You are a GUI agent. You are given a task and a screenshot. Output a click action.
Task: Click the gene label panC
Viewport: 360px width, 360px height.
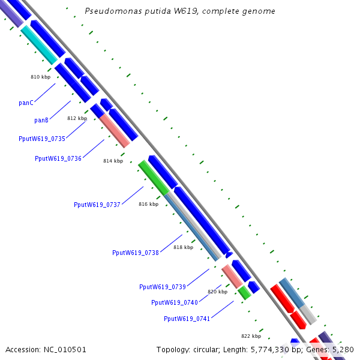point(26,103)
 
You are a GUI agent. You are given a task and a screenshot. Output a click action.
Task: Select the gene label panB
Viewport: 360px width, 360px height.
point(41,120)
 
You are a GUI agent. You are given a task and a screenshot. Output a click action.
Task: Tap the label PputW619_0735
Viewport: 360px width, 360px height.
point(42,139)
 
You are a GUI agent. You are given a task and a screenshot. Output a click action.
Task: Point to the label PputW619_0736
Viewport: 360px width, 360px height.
point(58,158)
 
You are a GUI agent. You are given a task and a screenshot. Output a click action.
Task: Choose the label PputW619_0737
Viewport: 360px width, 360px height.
point(97,205)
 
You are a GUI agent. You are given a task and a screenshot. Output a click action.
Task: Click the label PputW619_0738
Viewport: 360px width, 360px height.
point(136,253)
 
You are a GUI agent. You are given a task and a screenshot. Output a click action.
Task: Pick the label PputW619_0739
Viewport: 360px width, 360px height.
point(163,287)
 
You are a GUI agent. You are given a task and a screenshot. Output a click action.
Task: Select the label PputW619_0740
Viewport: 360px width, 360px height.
point(175,302)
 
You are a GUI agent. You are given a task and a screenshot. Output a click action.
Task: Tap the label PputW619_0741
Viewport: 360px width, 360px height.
point(187,319)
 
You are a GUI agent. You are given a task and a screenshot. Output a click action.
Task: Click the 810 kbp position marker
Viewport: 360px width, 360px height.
point(40,77)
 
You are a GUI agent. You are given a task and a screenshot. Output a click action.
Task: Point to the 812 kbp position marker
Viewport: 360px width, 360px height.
point(77,118)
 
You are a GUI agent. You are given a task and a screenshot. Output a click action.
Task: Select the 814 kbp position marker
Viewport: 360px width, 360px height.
point(113,161)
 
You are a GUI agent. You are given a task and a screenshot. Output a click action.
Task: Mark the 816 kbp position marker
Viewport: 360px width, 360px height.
point(148,204)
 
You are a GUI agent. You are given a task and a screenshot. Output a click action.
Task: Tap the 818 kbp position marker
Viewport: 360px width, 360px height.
point(184,247)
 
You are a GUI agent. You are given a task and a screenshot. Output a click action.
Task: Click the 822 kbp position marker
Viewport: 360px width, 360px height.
point(251,336)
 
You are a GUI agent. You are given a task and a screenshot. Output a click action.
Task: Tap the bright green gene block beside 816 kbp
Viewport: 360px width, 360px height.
point(154,178)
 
